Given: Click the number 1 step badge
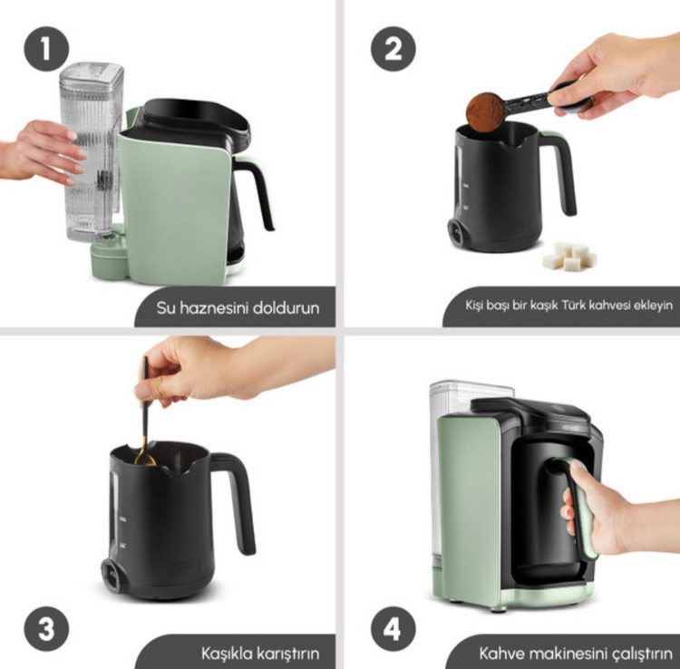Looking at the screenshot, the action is (46, 49).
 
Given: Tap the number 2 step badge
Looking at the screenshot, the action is (393, 49).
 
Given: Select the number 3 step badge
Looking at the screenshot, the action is (46, 629).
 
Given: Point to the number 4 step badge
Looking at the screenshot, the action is (393, 629).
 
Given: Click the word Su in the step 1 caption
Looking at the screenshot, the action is (166, 308).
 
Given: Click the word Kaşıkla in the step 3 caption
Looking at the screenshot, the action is (226, 654).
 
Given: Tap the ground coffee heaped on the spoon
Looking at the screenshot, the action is (485, 111).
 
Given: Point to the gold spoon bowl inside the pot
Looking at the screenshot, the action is (145, 458).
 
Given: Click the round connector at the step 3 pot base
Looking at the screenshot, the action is (112, 575).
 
